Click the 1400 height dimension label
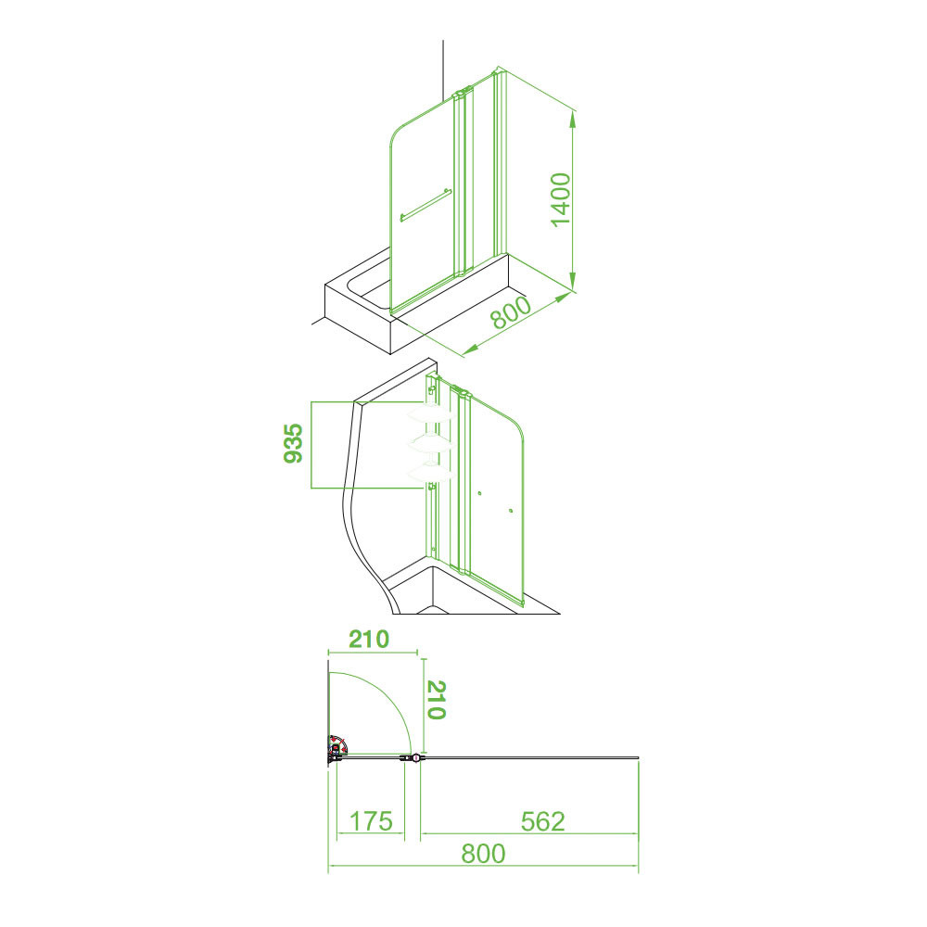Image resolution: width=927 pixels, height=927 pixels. point(561,200)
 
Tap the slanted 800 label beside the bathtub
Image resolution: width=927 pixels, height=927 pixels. point(512,311)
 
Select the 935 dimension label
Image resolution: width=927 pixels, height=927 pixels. point(293,443)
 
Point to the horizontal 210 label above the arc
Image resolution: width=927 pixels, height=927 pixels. point(369,639)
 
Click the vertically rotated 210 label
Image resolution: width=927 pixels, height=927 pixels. point(436,699)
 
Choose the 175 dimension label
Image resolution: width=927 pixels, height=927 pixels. point(371,821)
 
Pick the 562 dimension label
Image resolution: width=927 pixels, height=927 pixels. point(542,821)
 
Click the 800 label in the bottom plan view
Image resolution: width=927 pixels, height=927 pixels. point(484,854)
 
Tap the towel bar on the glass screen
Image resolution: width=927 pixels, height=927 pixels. point(425,205)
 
